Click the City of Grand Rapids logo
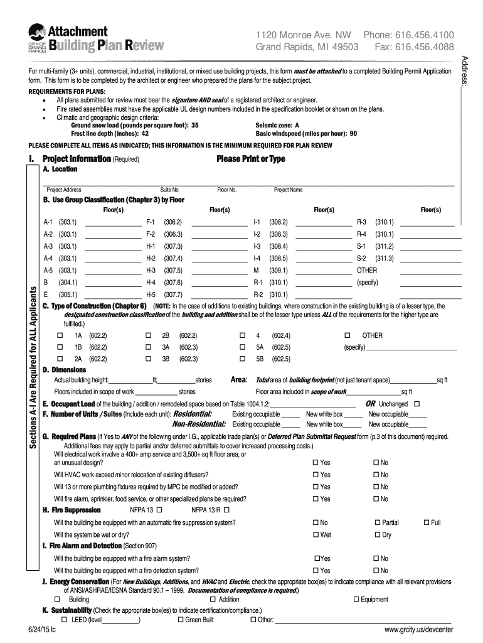click(x=38, y=40)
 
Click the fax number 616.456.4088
click(x=423, y=47)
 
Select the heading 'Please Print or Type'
click(x=250, y=159)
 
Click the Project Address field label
click(x=64, y=190)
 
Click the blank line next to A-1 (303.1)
click(x=112, y=222)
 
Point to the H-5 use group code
click(x=151, y=294)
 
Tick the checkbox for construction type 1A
click(x=60, y=336)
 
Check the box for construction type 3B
click(x=149, y=359)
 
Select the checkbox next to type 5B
click(x=243, y=359)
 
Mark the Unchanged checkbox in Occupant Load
click(x=418, y=404)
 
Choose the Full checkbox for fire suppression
click(x=427, y=522)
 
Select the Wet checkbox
click(x=316, y=535)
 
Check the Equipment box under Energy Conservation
click(x=355, y=600)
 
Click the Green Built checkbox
click(x=181, y=620)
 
